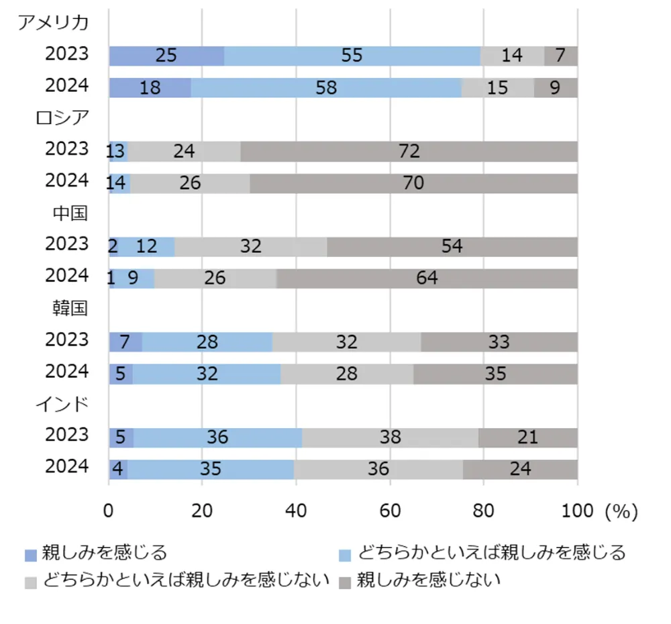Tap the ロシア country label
point(62,117)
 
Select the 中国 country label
point(70,213)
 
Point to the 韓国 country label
point(70,309)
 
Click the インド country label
point(62,405)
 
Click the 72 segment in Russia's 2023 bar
point(409,151)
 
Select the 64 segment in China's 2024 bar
point(427,278)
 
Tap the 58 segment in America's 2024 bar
point(326,88)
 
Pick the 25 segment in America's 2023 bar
point(166,56)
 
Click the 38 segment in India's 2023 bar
point(390,437)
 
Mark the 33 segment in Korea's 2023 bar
point(499,342)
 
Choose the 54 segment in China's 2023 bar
point(452,246)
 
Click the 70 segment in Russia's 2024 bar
point(413,183)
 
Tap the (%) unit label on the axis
point(621,511)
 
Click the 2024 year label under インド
point(66,466)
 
